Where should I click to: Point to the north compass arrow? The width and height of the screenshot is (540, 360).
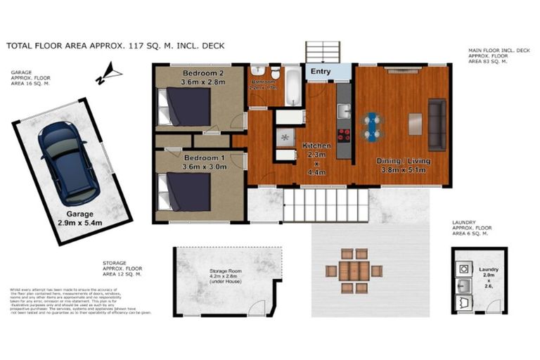(109, 72)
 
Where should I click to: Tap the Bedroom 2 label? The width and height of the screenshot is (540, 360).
(202, 73)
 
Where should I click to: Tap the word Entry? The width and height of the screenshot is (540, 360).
(320, 72)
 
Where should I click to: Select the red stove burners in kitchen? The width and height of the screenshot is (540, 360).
(345, 136)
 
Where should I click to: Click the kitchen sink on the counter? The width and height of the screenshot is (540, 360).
(343, 111)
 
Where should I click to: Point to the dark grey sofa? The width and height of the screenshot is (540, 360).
(437, 124)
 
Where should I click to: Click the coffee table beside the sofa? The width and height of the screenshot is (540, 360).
(415, 124)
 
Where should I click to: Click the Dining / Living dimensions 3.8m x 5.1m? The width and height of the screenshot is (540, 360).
(404, 169)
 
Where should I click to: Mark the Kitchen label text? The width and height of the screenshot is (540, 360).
(316, 146)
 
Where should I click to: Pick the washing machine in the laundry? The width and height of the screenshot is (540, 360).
(465, 269)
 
